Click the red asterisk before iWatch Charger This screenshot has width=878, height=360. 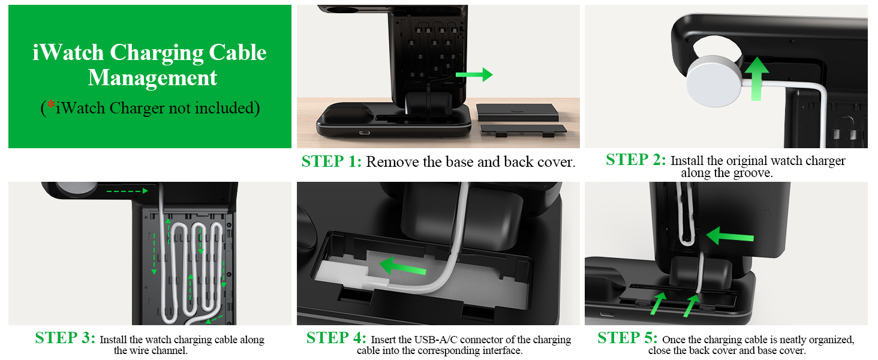click(x=51, y=104)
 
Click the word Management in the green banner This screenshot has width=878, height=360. click(x=152, y=78)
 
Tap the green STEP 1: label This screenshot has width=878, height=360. click(x=332, y=161)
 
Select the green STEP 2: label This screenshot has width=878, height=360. click(x=636, y=160)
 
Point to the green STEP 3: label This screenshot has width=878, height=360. click(x=65, y=338)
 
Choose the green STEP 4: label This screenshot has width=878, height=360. click(x=336, y=338)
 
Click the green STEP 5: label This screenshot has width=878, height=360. click(x=627, y=338)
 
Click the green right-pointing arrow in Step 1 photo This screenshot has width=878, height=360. click(x=474, y=75)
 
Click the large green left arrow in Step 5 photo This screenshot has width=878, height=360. click(x=729, y=235)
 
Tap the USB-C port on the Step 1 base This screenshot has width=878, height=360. click(x=363, y=133)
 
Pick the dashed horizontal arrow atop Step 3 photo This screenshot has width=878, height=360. click(x=126, y=191)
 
